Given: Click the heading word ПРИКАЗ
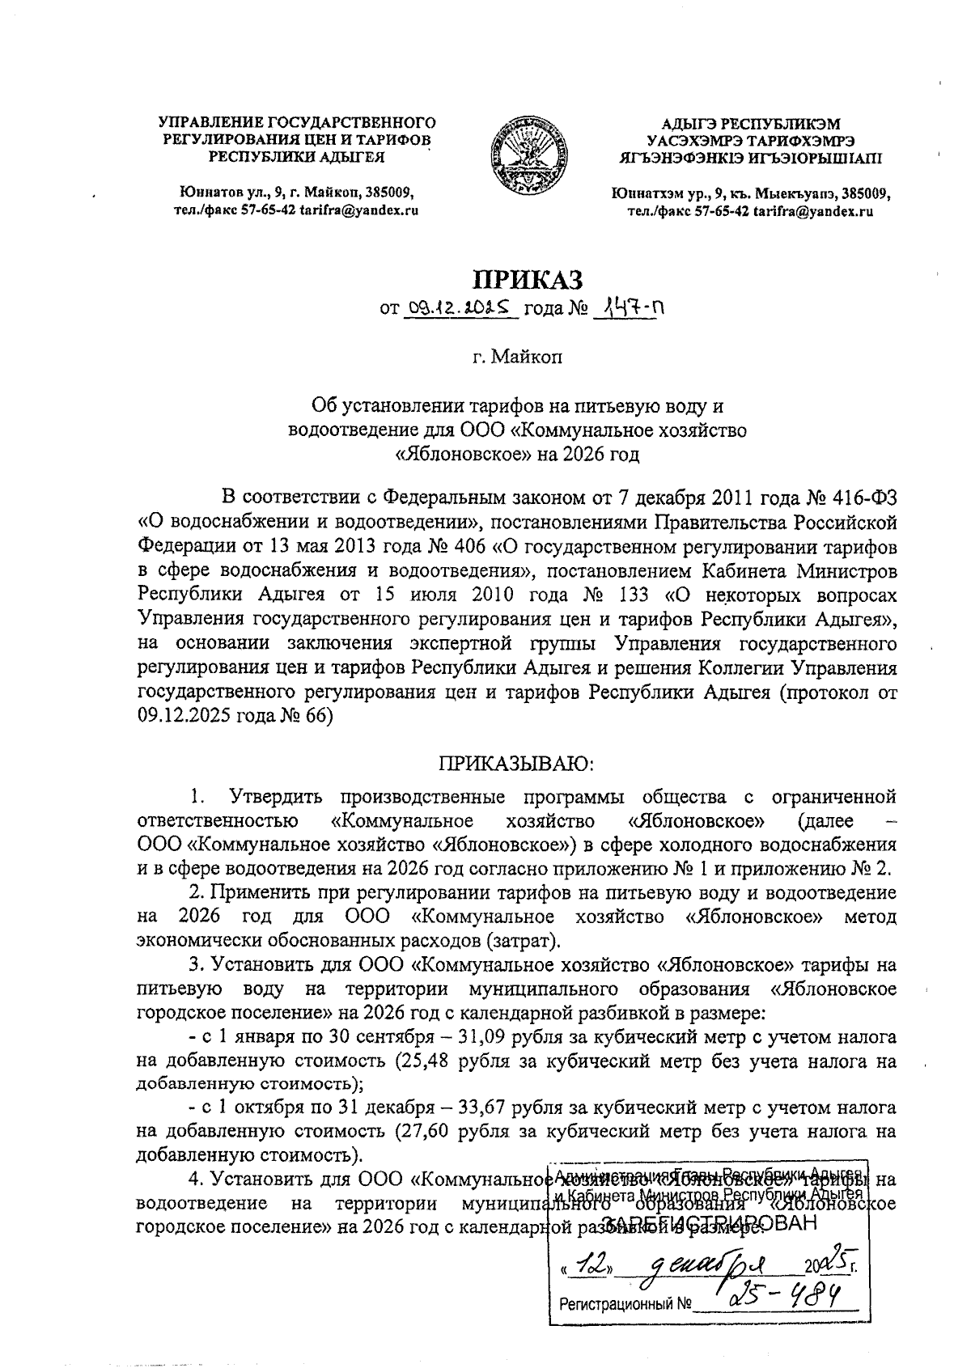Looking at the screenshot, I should coord(528,279).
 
